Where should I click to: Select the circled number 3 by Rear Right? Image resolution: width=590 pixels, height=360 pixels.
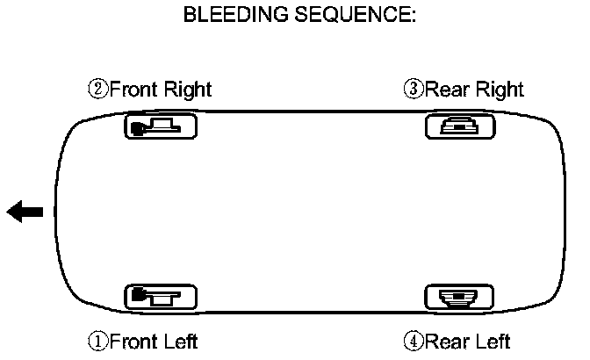pyautogui.click(x=414, y=89)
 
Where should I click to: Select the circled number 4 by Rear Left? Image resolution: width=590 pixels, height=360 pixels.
pyautogui.click(x=414, y=341)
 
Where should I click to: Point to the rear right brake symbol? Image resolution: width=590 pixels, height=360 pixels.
pyautogui.click(x=459, y=127)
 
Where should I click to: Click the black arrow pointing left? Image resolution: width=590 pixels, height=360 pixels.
pyautogui.click(x=25, y=211)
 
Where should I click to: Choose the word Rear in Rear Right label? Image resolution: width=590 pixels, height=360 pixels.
pyautogui.click(x=444, y=89)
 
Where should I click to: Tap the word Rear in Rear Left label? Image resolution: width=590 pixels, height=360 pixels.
pyautogui.click(x=444, y=341)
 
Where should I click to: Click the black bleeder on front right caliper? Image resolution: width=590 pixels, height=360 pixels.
pyautogui.click(x=138, y=129)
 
